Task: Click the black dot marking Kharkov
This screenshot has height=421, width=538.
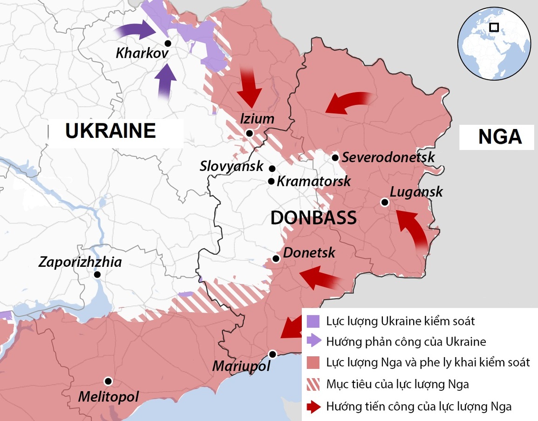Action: [x=168, y=43]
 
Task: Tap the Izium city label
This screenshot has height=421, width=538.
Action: [x=257, y=119]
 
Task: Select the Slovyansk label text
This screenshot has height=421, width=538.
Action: [x=232, y=166]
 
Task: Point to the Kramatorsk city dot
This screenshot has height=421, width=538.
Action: [x=272, y=181]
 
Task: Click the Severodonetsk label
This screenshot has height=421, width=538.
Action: [x=388, y=157]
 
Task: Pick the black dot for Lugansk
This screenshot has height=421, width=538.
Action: [x=384, y=202]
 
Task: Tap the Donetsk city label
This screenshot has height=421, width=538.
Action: [x=309, y=252]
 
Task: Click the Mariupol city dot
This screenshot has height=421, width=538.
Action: [x=273, y=354]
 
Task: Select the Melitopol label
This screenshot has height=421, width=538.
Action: [x=109, y=397]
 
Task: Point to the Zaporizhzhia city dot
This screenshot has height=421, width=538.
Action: [x=97, y=275]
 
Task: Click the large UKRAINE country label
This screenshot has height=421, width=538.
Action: [x=110, y=131]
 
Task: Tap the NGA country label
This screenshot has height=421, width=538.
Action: [x=500, y=137]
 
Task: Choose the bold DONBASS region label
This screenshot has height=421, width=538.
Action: [x=313, y=218]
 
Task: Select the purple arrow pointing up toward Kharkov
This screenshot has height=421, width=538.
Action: [x=165, y=80]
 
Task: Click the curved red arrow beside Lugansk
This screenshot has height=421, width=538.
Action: [x=413, y=229]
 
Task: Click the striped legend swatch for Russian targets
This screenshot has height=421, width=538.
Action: [x=313, y=385]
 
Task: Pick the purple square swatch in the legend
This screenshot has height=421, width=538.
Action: [x=313, y=321]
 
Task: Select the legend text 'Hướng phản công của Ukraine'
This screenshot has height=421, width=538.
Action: [x=406, y=342]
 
